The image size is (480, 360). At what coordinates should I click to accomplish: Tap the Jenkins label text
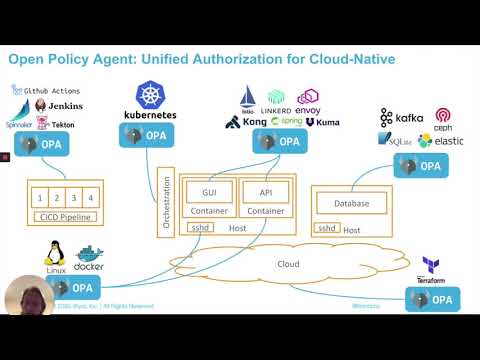[65, 106]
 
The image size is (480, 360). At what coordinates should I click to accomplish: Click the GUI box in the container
[208, 191]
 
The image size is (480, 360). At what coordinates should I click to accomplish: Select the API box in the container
[264, 191]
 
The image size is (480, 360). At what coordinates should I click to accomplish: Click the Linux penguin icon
[57, 254]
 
